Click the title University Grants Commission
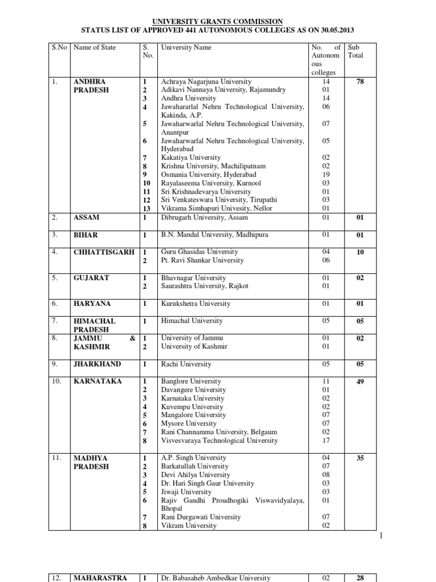point(219,21)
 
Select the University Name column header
point(186,47)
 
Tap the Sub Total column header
point(355,52)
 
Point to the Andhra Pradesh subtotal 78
point(360,82)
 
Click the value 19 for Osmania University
point(325,174)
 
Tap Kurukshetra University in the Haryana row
point(196,304)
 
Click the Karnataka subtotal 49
point(360,381)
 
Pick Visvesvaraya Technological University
point(220,440)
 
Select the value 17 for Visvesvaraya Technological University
point(325,440)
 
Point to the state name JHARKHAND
point(97,364)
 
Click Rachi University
point(186,364)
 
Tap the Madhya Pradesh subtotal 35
point(360,458)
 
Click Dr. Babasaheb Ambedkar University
point(216,578)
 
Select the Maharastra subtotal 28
point(360,578)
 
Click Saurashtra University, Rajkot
point(205,286)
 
